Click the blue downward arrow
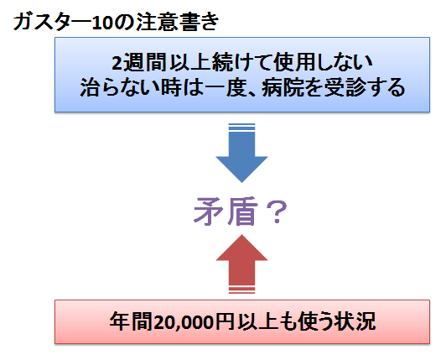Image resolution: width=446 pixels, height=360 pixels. pyautogui.click(x=241, y=154)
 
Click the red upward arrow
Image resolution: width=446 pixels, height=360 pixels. pyautogui.click(x=241, y=263)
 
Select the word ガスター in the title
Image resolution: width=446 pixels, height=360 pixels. pyautogui.click(x=52, y=22)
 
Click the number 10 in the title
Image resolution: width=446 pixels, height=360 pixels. pyautogui.click(x=101, y=23)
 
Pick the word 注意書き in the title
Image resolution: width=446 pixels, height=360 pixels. pyautogui.click(x=177, y=22)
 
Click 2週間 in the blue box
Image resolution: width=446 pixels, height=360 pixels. pyautogui.click(x=139, y=62)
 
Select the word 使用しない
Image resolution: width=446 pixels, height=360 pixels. pyautogui.click(x=322, y=62)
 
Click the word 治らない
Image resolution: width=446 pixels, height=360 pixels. pyautogui.click(x=119, y=87)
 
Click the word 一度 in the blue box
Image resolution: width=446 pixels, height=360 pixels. pyautogui.click(x=225, y=87)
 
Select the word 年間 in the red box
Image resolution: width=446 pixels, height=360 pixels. pyautogui.click(x=131, y=322)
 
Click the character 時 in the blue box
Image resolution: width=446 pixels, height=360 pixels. pyautogui.click(x=171, y=87)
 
